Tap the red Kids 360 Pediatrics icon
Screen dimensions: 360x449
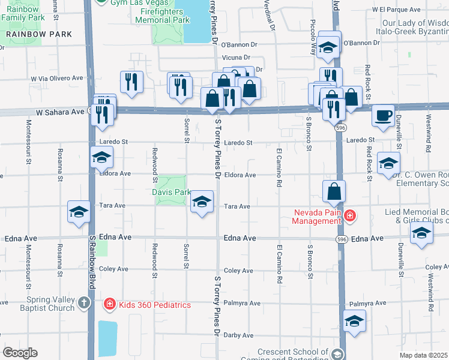(109, 305)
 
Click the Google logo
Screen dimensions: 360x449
(20, 353)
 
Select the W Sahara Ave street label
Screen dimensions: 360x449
(60, 112)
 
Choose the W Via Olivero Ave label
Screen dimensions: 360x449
(57, 78)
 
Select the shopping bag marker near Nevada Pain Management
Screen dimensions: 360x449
(334, 191)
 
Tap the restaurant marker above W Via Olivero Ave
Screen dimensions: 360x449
(131, 82)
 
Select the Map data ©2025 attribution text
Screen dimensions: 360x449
(424, 355)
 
